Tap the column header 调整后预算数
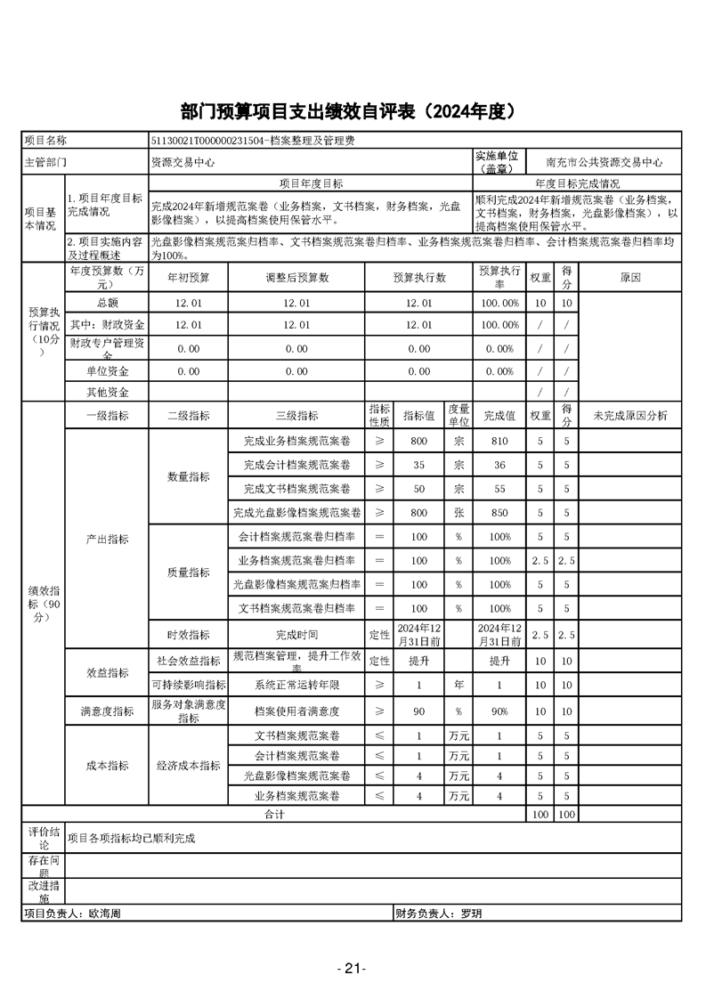[x=296, y=278]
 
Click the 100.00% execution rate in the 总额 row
[x=499, y=303]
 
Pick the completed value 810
[x=499, y=441]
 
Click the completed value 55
[x=499, y=489]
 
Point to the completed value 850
[x=499, y=513]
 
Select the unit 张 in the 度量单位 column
[x=458, y=513]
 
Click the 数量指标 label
[x=189, y=477]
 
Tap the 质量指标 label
[x=189, y=573]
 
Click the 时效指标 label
[x=189, y=635]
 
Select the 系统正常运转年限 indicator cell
[x=296, y=685]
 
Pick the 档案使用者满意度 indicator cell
[x=296, y=711]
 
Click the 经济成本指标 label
[x=189, y=766]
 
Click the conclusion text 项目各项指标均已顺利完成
[x=132, y=838]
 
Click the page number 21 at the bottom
[x=353, y=969]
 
